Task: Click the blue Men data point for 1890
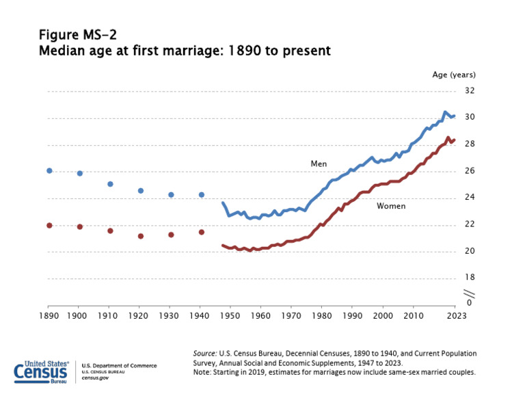[x=49, y=170]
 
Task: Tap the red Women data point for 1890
[x=49, y=225]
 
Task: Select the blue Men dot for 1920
[x=141, y=191]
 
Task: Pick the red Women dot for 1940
[x=202, y=232]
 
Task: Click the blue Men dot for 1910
[x=110, y=184]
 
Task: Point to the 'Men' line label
[x=319, y=163]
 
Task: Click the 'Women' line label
[x=391, y=206]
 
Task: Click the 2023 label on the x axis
[x=456, y=316]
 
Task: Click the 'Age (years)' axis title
[x=453, y=75]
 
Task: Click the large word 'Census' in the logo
[x=41, y=373]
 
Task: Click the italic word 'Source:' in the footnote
[x=205, y=353]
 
